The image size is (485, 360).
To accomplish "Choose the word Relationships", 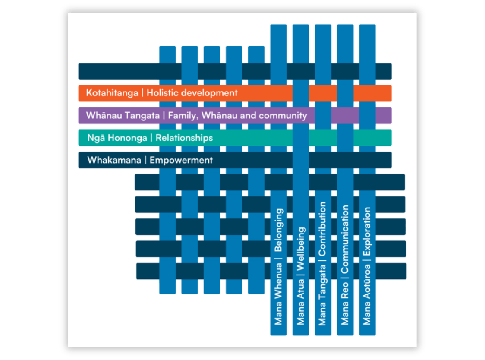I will tap(184, 138).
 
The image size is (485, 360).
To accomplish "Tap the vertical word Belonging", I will tap(279, 231).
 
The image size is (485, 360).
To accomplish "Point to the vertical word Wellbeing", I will tap(301, 248).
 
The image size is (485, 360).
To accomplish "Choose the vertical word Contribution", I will tap(323, 229).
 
